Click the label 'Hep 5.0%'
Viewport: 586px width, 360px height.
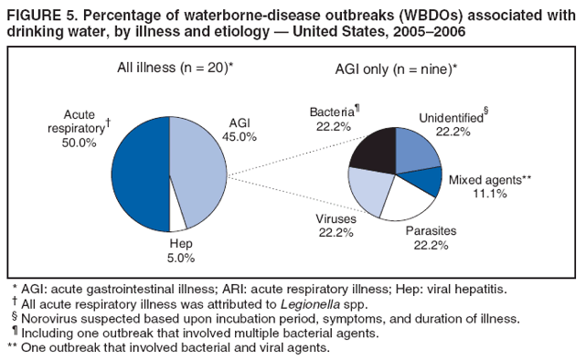coord(181,251)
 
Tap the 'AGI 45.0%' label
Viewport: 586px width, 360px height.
coord(240,130)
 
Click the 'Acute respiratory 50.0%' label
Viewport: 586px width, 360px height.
coord(81,129)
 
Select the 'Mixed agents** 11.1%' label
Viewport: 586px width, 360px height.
coord(491,185)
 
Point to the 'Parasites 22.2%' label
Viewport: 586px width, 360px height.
coord(431,238)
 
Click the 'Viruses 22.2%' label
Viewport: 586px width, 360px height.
coord(336,227)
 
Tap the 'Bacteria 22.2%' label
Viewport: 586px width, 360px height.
coord(333,119)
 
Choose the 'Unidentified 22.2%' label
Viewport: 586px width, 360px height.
coord(453,124)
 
